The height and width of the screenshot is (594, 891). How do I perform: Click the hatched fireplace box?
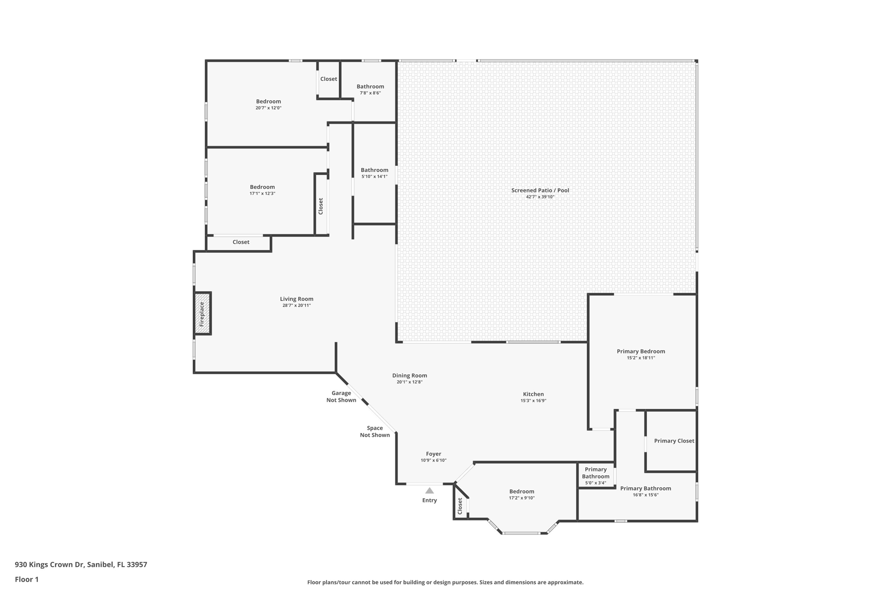point(203,313)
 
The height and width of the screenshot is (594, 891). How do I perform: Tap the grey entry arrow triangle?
point(429,490)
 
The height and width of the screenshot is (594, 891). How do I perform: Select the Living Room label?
point(297,299)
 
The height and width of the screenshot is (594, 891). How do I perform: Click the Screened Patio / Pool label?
point(540,190)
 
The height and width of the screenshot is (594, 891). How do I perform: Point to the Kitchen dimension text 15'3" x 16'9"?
point(533,401)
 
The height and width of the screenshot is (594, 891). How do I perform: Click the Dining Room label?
point(410,376)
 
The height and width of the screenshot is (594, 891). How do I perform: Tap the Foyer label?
point(434,454)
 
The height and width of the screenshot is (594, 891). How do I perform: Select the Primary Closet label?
point(674,441)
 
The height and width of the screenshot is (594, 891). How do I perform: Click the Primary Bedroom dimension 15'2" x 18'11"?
point(641,358)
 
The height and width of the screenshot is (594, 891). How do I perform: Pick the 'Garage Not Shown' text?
point(342,396)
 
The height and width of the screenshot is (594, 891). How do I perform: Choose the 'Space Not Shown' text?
point(375,432)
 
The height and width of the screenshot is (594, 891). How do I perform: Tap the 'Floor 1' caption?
point(27,579)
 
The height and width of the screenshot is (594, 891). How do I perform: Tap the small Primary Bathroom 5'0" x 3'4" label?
point(596,476)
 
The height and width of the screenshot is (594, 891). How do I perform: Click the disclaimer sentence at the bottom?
point(445,582)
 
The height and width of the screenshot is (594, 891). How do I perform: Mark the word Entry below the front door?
point(429,500)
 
